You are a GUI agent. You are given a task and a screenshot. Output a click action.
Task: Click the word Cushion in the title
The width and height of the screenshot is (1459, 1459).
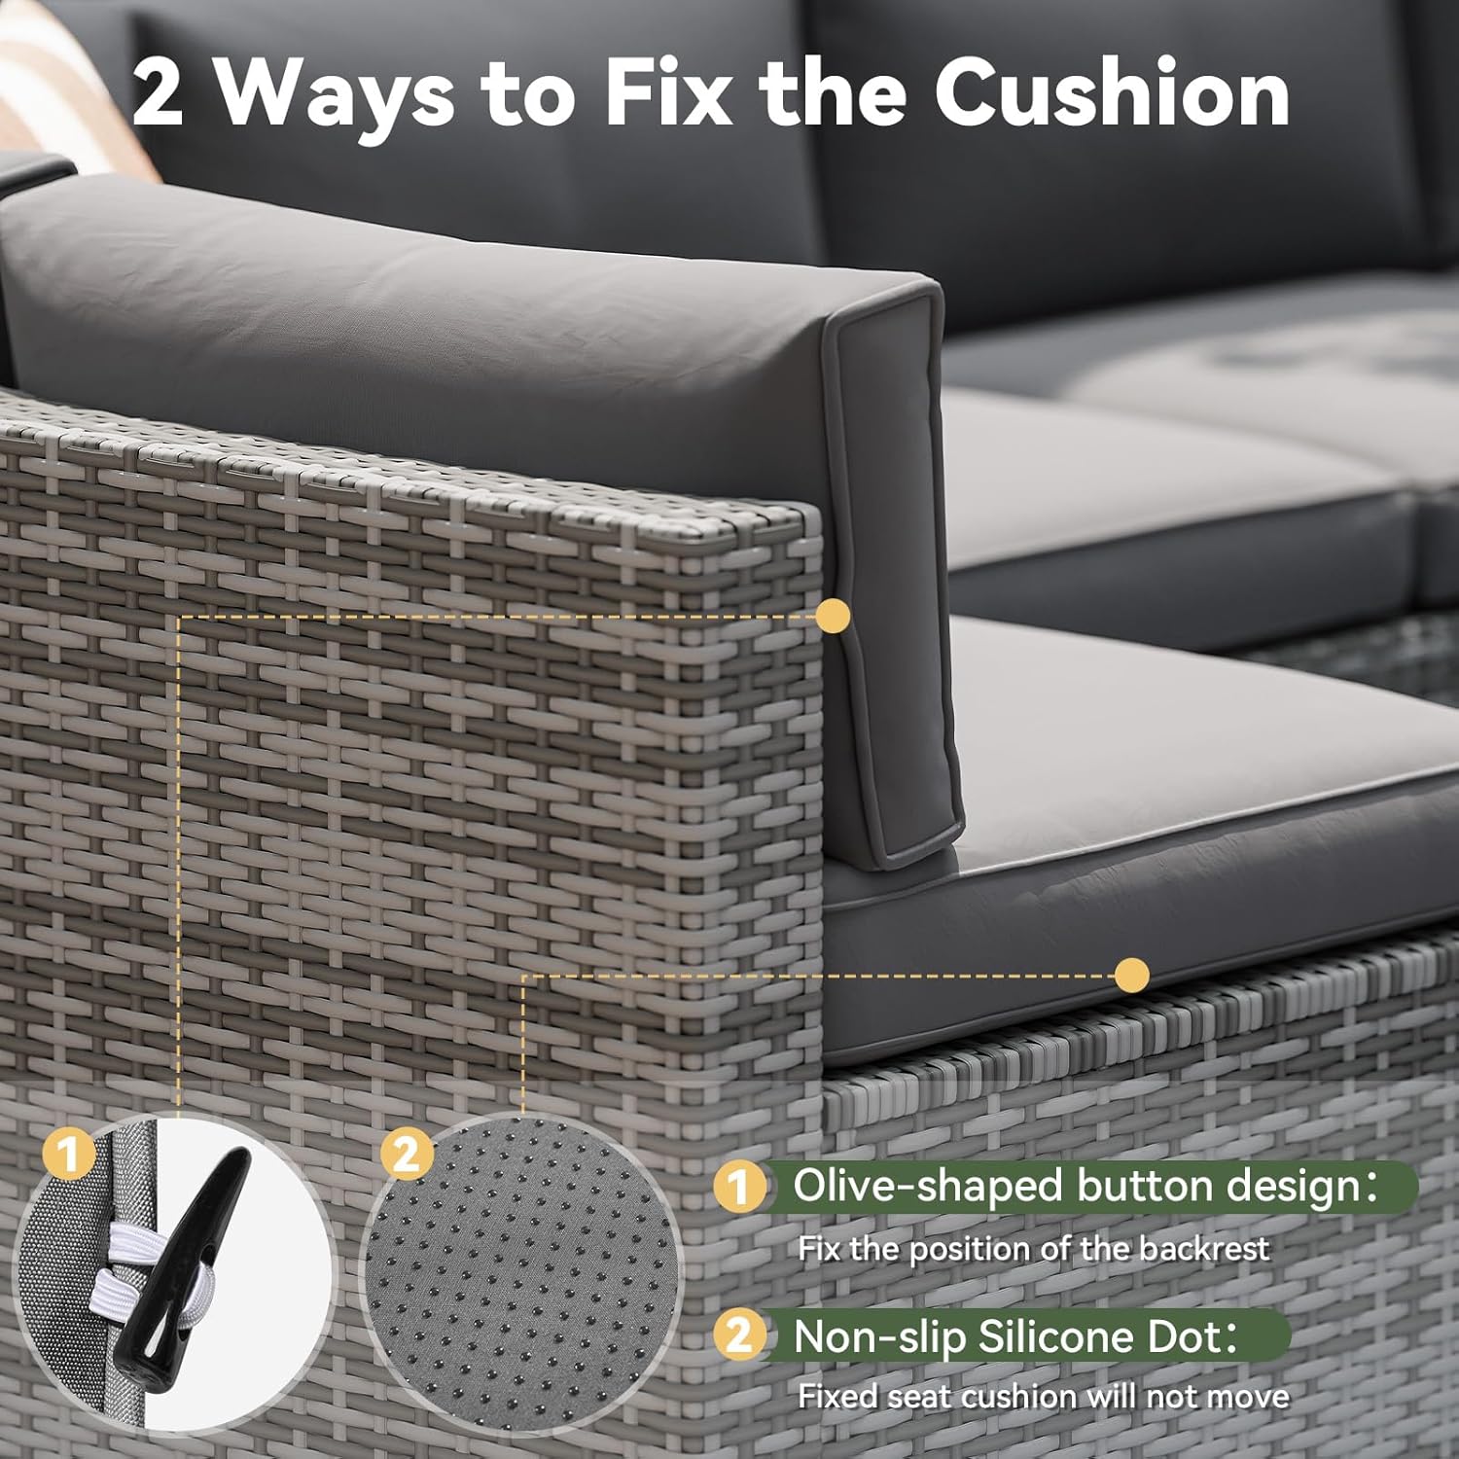[1111, 92]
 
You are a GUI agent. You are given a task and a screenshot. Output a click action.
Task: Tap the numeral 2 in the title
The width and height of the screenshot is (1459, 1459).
[158, 94]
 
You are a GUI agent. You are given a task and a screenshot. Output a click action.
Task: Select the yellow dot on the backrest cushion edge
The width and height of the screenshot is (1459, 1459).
[833, 616]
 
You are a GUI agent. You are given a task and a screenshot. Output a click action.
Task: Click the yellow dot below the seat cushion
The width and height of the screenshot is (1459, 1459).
[1131, 975]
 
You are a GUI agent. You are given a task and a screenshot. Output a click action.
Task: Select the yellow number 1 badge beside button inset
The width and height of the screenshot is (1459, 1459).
[68, 1156]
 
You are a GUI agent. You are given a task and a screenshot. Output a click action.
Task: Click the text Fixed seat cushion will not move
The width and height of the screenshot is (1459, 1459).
[1043, 1397]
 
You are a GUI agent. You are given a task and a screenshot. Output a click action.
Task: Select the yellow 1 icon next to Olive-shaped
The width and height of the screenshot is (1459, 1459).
[738, 1187]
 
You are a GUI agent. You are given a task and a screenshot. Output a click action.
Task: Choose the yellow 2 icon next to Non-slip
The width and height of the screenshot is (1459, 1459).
[738, 1335]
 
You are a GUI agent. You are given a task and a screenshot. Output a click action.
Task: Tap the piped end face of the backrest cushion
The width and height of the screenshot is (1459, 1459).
[890, 574]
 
